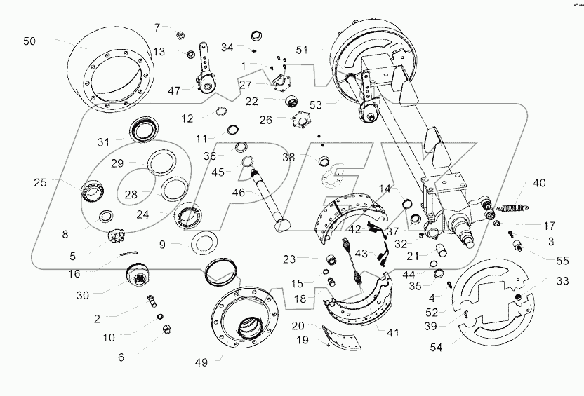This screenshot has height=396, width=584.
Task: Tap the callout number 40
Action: point(538,184)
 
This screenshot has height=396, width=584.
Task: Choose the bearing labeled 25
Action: point(91,190)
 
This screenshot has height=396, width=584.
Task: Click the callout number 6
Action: point(121,356)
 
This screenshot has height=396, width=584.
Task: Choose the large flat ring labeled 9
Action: point(206,245)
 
